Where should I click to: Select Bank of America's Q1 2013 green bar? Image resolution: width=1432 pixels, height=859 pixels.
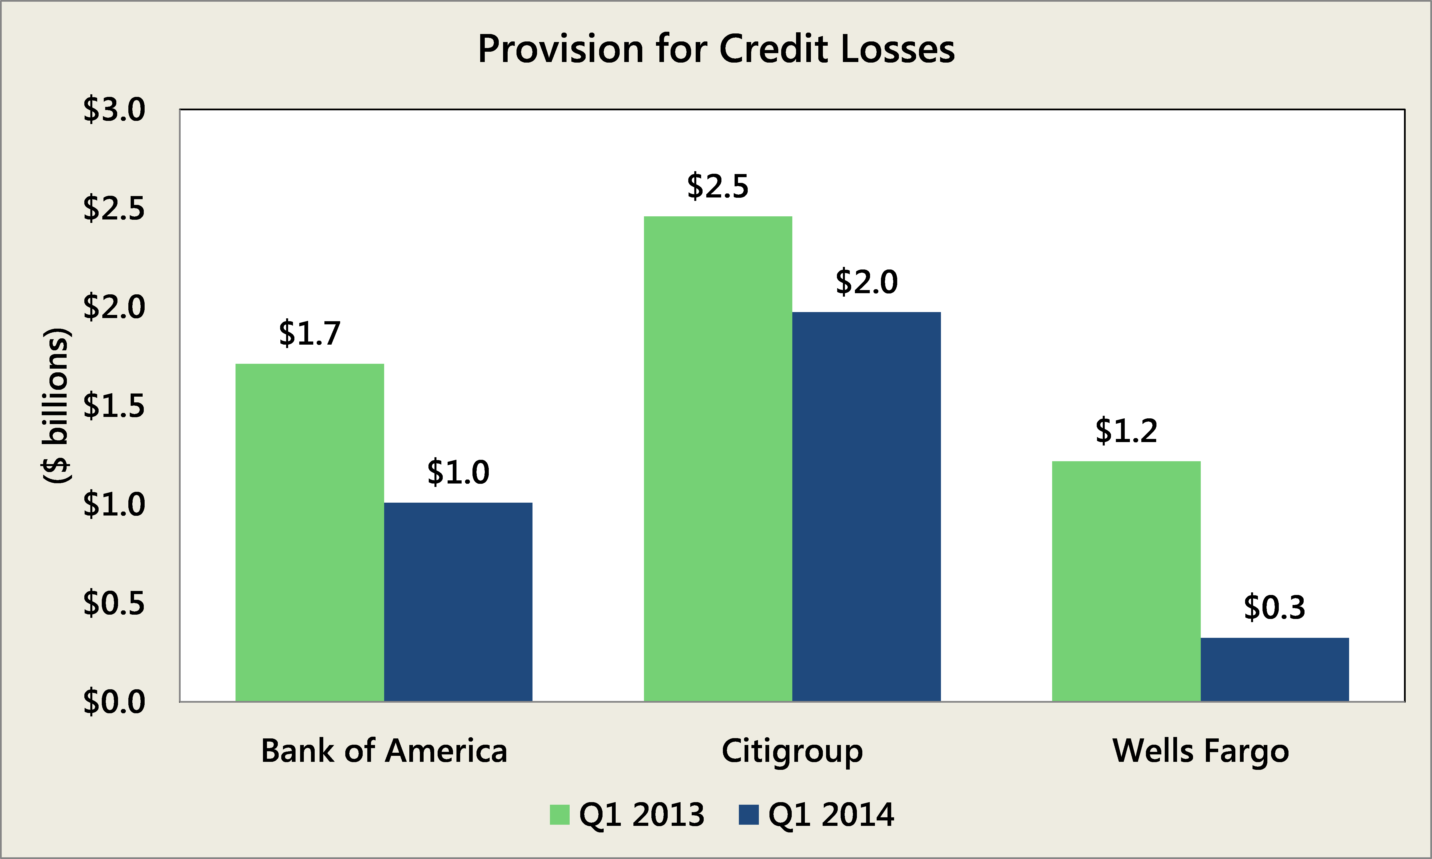[x=310, y=533]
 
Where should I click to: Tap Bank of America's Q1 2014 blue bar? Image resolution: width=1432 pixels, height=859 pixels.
[x=458, y=602]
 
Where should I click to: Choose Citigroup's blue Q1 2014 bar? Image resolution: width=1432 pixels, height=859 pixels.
[x=867, y=506]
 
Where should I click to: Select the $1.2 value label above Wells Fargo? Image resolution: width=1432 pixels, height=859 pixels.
[x=1126, y=431]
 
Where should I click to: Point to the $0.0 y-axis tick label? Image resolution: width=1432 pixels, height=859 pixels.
[x=114, y=702]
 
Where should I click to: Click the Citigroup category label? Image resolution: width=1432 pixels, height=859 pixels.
[x=792, y=751]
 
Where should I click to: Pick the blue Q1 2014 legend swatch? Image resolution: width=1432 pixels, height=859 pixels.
[x=748, y=815]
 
